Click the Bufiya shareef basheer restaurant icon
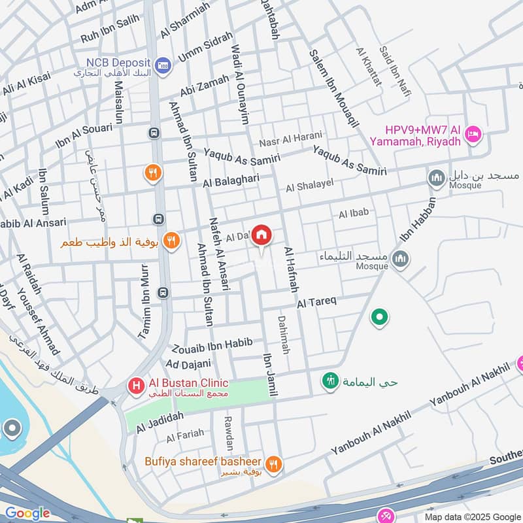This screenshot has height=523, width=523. pyautogui.click(x=275, y=464)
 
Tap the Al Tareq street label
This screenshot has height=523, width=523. pyautogui.click(x=316, y=302)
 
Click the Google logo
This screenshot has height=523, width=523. pyautogui.click(x=27, y=513)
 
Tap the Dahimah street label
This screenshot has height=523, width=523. pyautogui.click(x=283, y=335)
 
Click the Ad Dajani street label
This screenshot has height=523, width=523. pyautogui.click(x=189, y=363)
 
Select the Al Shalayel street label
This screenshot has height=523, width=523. pyautogui.click(x=310, y=187)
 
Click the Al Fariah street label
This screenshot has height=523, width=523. pyautogui.click(x=185, y=434)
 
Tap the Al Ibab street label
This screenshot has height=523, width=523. pyautogui.click(x=354, y=213)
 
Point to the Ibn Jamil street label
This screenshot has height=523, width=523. pyautogui.click(x=270, y=375)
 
